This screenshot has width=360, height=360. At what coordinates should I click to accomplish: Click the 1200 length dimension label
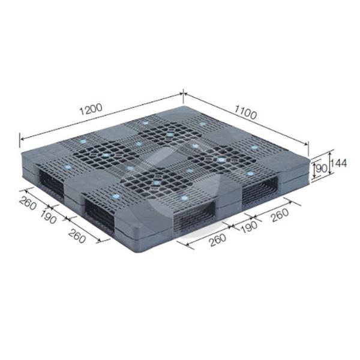point(91,110)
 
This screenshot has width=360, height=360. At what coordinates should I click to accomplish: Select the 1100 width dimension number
point(245,112)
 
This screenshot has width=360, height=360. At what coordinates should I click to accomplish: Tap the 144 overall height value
point(338,163)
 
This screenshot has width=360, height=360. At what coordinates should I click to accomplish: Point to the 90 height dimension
point(322,169)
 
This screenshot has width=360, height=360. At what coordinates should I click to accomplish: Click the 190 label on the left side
point(48,217)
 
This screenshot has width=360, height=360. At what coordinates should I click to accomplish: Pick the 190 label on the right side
point(250,227)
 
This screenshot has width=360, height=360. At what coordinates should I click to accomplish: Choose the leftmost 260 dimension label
point(28,203)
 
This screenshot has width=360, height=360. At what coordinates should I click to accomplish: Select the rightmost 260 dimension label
point(280,215)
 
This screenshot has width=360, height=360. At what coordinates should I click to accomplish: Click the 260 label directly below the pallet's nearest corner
point(218,240)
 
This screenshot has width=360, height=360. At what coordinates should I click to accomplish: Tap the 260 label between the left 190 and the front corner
point(77,236)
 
